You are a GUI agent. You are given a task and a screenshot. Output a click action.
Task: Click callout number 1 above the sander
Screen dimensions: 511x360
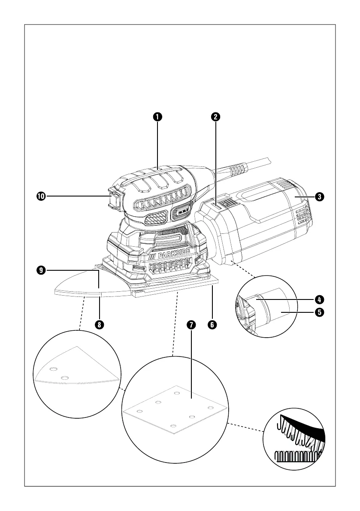click(x=158, y=116)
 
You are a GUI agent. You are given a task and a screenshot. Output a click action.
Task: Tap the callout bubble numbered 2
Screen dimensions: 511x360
click(x=216, y=116)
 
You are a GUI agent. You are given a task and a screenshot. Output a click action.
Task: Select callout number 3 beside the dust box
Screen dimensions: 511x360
click(x=319, y=197)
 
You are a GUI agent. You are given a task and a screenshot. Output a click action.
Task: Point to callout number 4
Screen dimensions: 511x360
click(x=319, y=298)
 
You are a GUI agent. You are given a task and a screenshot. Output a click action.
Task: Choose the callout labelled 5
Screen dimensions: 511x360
click(x=319, y=312)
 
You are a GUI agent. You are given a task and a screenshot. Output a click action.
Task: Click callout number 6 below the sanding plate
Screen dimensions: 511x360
click(x=212, y=325)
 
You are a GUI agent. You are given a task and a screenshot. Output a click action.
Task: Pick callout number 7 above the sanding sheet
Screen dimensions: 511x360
click(x=191, y=325)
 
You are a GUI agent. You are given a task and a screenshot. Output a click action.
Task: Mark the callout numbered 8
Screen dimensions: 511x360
click(x=99, y=325)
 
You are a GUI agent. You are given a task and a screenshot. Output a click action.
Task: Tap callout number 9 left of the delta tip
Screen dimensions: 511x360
click(x=40, y=270)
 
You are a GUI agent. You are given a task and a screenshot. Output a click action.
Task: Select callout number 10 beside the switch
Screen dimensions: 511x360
click(x=40, y=197)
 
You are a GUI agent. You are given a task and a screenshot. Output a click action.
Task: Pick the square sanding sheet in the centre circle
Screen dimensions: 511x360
click(x=175, y=410)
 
